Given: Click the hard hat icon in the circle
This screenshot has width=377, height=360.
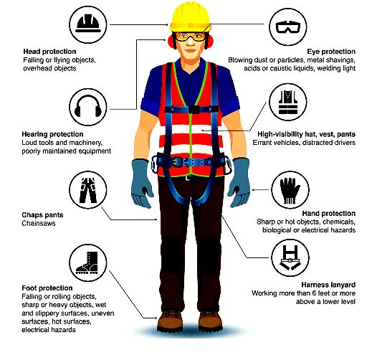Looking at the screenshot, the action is tap(87, 24).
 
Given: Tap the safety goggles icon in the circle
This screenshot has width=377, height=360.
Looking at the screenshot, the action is tap(288, 27).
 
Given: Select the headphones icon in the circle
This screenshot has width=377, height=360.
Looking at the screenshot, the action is tap(87, 107).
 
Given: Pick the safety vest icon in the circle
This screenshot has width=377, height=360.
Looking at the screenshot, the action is tap(288, 102).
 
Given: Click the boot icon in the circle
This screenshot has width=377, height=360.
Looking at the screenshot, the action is tap(87, 263).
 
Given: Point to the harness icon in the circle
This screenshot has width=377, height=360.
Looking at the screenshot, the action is tap(290, 257).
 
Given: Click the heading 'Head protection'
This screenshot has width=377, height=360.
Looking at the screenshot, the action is tap(49, 52).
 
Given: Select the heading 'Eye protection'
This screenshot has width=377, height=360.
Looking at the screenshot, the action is tap(331, 52).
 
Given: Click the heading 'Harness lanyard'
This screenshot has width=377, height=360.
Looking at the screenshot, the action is tap(328, 285).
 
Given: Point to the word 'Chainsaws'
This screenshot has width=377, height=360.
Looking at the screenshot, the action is tap(39, 223).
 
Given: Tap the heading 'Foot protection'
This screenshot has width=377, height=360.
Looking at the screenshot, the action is tap(47, 288).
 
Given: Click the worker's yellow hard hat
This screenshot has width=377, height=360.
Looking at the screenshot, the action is tap(190, 16).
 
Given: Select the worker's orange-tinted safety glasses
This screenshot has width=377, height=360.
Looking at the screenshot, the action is tap(190, 37).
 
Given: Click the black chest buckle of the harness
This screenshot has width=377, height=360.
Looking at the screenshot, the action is tap(194, 110).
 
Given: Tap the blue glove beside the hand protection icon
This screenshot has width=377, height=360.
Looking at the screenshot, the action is tap(239, 182).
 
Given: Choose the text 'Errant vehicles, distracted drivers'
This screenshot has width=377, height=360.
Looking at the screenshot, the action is tap(304, 143).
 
